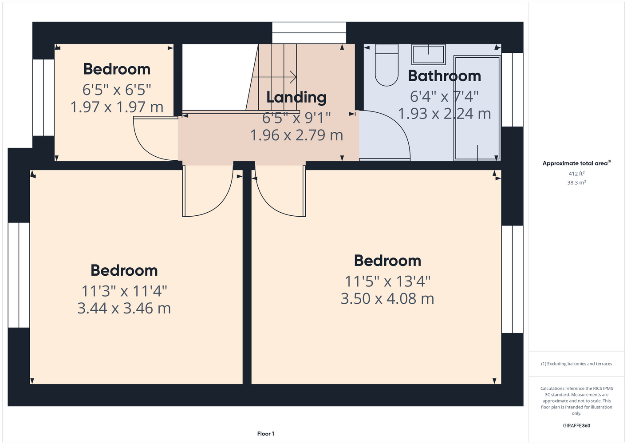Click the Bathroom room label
444,76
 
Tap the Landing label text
296,97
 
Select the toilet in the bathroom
386,65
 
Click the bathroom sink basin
428,54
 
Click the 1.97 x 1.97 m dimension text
117,107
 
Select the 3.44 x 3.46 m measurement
124,308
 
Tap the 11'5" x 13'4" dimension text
387,281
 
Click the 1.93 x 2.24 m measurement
444,114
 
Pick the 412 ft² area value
576,174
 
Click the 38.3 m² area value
576,182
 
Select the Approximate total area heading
576,163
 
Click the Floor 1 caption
266,434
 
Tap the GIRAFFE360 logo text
576,425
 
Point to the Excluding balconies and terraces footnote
576,364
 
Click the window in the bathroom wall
512,90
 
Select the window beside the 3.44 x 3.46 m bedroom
19,275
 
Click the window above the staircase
309,33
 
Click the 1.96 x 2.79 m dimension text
296,135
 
